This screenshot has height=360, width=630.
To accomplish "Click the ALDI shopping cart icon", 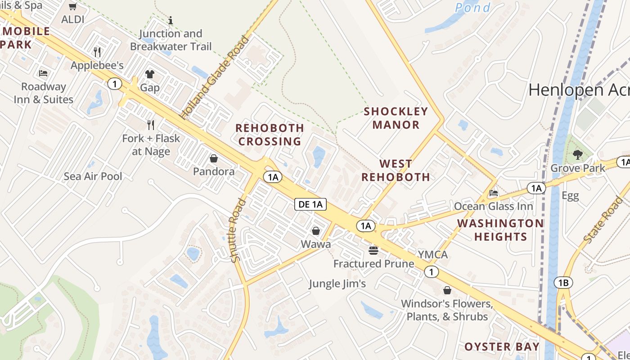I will pyautogui.click(x=73, y=6).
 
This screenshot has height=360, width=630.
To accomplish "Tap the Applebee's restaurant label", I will pyautogui.click(x=97, y=65).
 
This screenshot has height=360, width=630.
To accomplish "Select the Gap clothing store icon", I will pyautogui.click(x=149, y=74).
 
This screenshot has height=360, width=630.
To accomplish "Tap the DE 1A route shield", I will pyautogui.click(x=310, y=204).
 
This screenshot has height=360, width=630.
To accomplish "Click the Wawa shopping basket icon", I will pyautogui.click(x=316, y=231).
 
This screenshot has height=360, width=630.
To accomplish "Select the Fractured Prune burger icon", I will pyautogui.click(x=373, y=250).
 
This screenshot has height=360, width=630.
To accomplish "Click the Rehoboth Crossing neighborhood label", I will pyautogui.click(x=270, y=135).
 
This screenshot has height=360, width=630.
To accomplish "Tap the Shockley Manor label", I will pyautogui.click(x=396, y=118).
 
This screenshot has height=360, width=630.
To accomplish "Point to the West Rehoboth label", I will pyautogui.click(x=396, y=170).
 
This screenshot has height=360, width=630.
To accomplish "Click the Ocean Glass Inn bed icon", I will pyautogui.click(x=494, y=193).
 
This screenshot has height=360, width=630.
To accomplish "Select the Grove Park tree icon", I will pyautogui.click(x=578, y=155).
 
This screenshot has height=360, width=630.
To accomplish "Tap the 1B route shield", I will pyautogui.click(x=563, y=283).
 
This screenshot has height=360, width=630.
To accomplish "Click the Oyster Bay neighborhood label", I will pyautogui.click(x=501, y=346).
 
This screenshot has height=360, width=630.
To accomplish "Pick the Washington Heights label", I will pyautogui.click(x=500, y=229).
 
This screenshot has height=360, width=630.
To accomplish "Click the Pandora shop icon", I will pyautogui.click(x=214, y=158).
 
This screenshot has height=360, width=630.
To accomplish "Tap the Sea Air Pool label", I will pyautogui.click(x=93, y=176).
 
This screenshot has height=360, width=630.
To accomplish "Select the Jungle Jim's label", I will pyautogui.click(x=337, y=283).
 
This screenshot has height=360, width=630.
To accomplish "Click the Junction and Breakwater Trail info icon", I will pyautogui.click(x=171, y=20).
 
